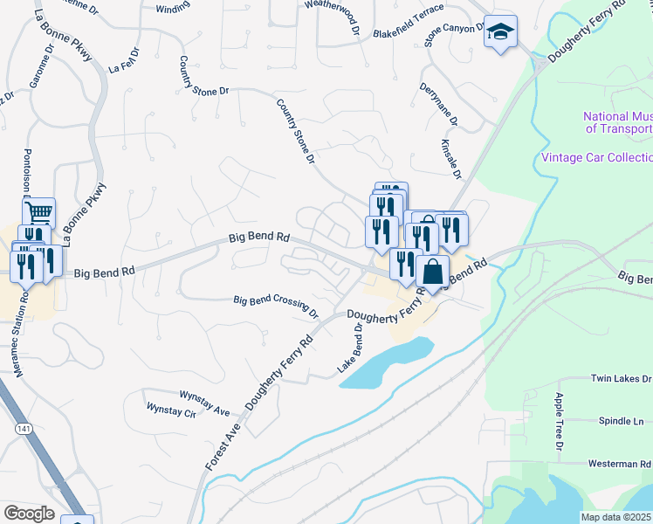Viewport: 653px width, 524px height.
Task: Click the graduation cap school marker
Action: tap(500, 32)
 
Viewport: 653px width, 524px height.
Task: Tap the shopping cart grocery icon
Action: tap(39, 212)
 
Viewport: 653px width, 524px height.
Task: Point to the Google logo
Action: tap(29, 514)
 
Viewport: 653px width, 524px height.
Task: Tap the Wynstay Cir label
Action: tap(171, 410)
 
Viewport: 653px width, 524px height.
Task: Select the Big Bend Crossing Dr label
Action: tap(276, 305)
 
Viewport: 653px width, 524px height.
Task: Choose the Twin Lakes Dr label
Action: tap(621, 379)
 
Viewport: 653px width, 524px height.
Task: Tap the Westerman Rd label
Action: tap(621, 464)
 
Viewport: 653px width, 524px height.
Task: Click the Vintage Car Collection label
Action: tap(596, 157)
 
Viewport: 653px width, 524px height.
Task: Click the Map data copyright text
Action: tap(615, 517)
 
